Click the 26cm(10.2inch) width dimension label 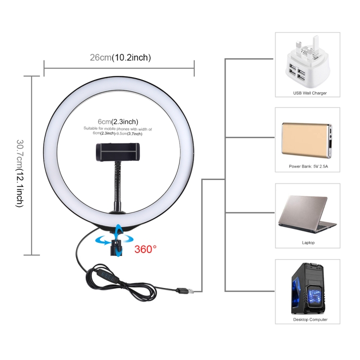point(120,58)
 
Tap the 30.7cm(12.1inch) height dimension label point(20,173)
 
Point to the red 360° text point(145,249)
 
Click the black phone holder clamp point(118,152)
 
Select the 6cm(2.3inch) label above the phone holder point(118,121)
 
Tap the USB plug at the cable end point(185,291)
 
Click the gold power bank point(307,140)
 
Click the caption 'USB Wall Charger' point(310,93)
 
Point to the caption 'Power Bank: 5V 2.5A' point(308,166)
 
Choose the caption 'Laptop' point(308,243)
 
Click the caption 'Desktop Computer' point(310,319)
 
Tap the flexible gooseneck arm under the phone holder point(117,184)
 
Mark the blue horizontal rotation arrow point(114,240)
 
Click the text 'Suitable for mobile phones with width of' point(118,129)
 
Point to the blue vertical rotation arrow point(119,240)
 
